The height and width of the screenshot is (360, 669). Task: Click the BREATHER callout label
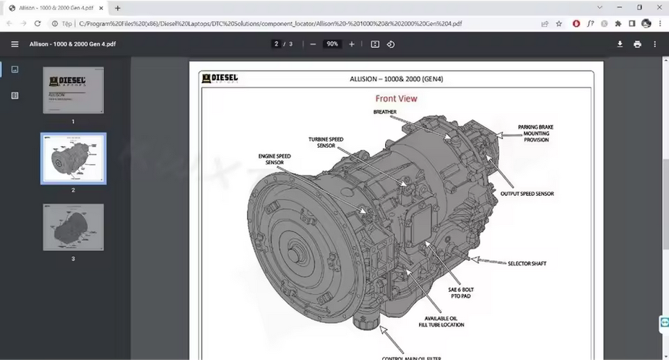point(384,112)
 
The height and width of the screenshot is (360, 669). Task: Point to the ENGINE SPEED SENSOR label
point(275,159)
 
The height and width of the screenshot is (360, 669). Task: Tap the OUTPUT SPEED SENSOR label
point(527,194)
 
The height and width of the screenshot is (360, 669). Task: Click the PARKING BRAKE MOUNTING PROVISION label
point(536,134)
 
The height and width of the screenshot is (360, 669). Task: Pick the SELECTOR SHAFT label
point(527,263)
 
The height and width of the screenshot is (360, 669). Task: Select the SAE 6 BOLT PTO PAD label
point(461,293)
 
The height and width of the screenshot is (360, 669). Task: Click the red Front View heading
point(396,98)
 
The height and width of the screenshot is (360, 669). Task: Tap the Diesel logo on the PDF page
point(220,78)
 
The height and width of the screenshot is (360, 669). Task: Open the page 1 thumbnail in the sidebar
point(73,90)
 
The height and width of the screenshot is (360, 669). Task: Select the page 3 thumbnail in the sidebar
point(73,227)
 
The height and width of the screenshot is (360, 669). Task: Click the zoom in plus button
point(352,44)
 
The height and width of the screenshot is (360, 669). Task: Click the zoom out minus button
point(313,44)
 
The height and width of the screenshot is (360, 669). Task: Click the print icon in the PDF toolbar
point(637,44)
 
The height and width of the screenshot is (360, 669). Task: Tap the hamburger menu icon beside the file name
point(14,44)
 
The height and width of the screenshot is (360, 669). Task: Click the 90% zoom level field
point(332,44)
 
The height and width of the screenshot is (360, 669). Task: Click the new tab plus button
point(118,8)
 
